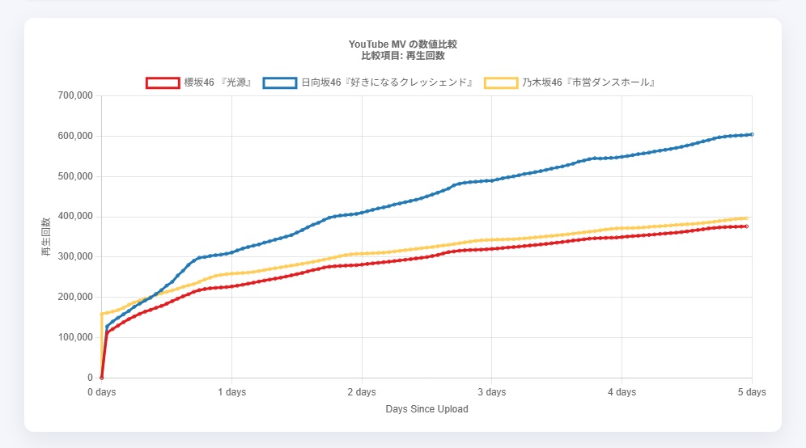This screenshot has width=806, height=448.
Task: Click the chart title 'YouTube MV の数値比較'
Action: point(402,44)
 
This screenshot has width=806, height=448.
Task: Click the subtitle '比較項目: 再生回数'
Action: point(402,56)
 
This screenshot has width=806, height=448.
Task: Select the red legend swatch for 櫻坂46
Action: point(162,82)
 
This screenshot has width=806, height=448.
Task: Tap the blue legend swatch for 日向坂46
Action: point(279,82)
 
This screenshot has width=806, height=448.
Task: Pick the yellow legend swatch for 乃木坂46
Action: point(500,82)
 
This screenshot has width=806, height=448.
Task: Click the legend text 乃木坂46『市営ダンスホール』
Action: point(588,82)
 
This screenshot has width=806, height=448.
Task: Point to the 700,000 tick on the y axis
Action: point(75,96)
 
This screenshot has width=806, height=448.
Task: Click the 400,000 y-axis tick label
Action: point(75,217)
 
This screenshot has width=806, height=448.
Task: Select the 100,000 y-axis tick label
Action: point(75,337)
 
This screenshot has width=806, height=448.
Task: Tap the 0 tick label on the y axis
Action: point(90,378)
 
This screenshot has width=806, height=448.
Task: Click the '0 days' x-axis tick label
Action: point(101,392)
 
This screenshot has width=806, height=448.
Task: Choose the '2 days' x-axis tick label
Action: point(362,392)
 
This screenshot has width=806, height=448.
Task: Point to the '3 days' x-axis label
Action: point(491,392)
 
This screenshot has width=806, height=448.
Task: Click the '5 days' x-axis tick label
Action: point(751,392)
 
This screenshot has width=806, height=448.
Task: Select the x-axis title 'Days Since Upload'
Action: point(426,409)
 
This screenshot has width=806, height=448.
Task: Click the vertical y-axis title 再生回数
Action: point(46,237)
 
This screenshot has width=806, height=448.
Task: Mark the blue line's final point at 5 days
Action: point(752,134)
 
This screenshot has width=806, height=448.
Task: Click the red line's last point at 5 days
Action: point(747,226)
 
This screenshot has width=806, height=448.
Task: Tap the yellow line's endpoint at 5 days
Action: point(747,218)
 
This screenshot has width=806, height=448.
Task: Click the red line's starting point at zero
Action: point(101,378)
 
